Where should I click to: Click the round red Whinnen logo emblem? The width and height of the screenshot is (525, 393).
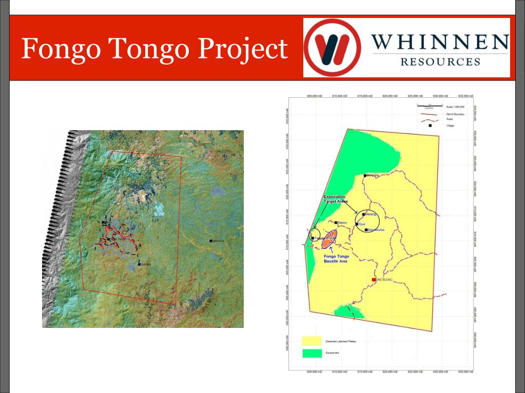coord(333,48)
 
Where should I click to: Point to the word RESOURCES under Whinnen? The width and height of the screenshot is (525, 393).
coord(440,62)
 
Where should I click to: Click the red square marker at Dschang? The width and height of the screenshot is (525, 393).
coord(374,279)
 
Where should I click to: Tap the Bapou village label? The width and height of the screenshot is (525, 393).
coord(342,222)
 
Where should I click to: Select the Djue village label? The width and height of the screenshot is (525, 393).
coord(361,224)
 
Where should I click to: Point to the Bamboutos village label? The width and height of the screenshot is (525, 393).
coord(376,230)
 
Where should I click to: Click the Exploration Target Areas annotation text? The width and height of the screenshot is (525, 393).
coord(334,199)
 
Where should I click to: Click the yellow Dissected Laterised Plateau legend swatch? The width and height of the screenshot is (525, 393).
coord(312,341)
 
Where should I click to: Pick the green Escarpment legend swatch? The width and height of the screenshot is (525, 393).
coord(312,353)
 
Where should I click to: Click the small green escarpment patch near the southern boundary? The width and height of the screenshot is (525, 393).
coord(349,311)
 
